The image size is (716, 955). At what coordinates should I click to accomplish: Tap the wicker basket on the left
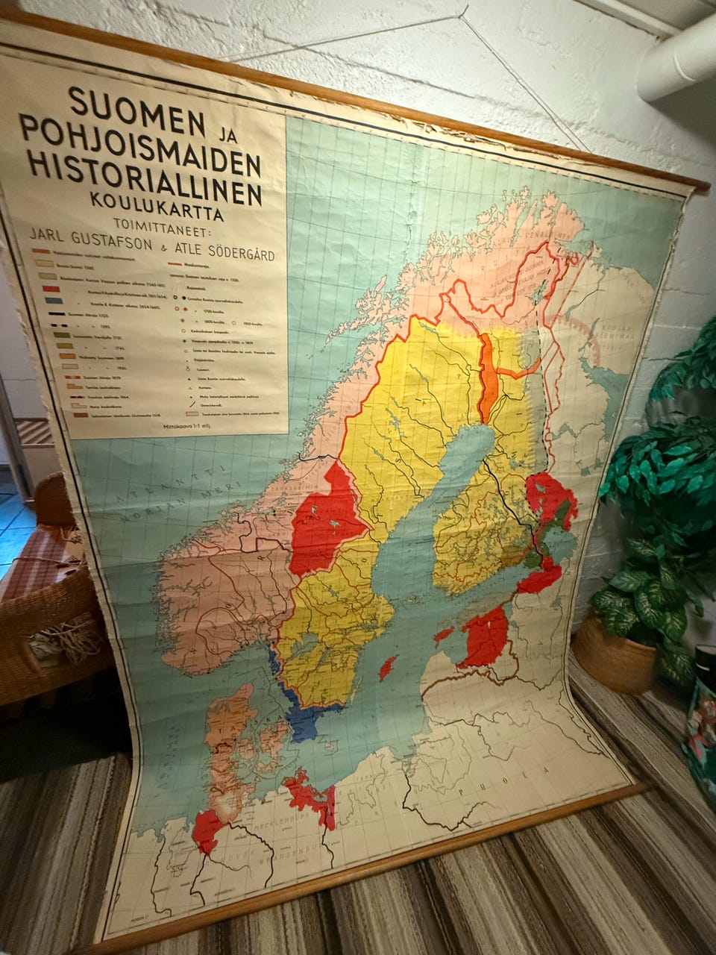pyautogui.click(x=41, y=619)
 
